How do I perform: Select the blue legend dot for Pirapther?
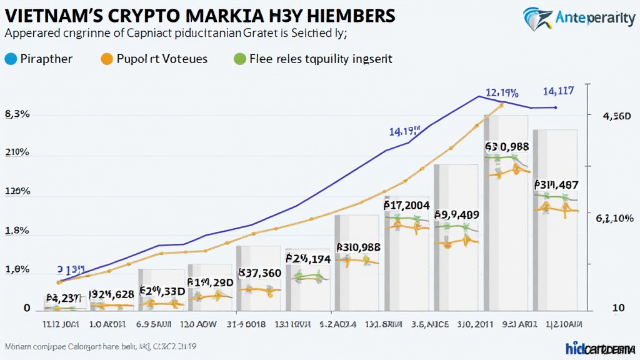pyautogui.click(x=9, y=59)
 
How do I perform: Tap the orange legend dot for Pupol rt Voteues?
pyautogui.click(x=106, y=59)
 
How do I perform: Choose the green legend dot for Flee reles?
pyautogui.click(x=237, y=59)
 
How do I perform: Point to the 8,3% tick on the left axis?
pyautogui.click(x=17, y=114)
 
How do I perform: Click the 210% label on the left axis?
pyautogui.click(x=17, y=154)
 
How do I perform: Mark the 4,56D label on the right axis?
pyautogui.click(x=616, y=116)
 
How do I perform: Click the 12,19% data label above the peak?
pyautogui.click(x=502, y=94)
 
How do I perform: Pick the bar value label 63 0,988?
pyautogui.click(x=507, y=146)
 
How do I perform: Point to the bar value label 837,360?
pyautogui.click(x=260, y=272)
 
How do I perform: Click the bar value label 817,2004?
pyautogui.click(x=407, y=204)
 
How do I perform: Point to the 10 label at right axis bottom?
pyautogui.click(x=617, y=308)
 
